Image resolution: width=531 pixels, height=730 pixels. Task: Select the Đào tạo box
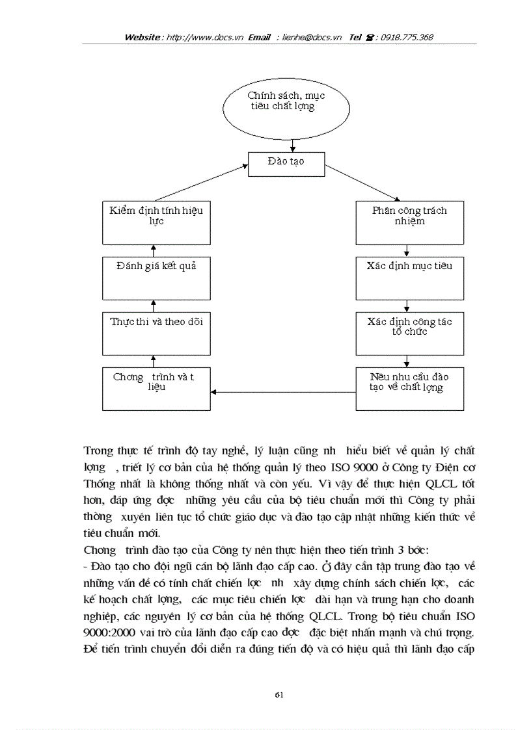286,164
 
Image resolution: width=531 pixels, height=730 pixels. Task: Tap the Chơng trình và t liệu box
156,389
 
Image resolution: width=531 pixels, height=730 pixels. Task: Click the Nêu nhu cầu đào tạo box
409,389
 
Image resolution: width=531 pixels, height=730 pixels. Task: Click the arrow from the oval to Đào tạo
293,145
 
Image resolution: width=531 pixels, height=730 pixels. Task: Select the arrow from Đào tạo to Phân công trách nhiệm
363,183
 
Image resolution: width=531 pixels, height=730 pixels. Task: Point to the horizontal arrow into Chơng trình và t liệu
283,392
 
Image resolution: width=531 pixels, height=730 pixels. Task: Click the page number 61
279,694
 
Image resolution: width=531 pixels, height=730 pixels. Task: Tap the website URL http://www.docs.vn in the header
205,38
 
